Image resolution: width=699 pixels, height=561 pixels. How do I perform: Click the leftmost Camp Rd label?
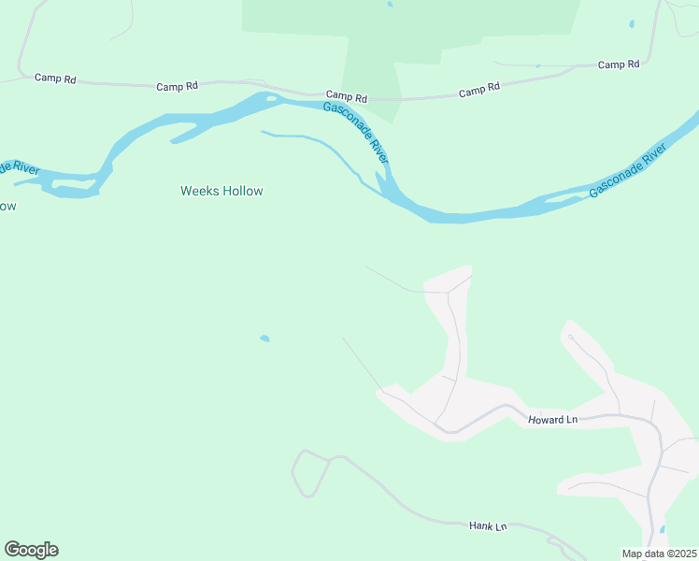tap(55, 79)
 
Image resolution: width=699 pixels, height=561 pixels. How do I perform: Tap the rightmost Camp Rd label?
tap(619, 65)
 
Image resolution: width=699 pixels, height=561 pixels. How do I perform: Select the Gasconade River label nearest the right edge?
tap(627, 170)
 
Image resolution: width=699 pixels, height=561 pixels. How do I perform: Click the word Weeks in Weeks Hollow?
tap(199, 191)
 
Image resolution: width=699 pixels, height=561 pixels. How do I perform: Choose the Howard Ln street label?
tap(552, 420)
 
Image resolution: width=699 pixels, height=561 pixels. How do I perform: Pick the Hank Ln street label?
tap(487, 526)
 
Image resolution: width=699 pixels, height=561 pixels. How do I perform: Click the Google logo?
tap(31, 550)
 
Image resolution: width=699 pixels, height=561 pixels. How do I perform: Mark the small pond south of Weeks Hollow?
tap(264, 338)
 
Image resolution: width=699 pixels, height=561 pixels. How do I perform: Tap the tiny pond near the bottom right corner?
tap(663, 529)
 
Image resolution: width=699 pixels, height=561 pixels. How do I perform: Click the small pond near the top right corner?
tap(632, 23)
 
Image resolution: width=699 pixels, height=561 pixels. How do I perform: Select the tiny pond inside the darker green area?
tap(390, 4)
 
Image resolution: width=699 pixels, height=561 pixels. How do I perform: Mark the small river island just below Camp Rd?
tap(271, 97)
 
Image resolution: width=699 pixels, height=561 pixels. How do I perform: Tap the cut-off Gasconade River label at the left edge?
tap(18, 169)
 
